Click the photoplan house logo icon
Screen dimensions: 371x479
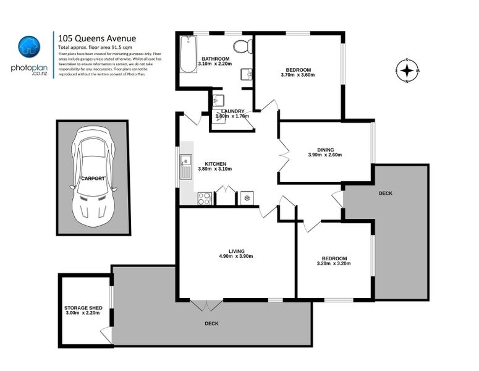28,45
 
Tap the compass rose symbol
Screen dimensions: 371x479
406,71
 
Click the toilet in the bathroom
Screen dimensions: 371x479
242,46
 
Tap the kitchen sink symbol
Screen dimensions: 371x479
186,164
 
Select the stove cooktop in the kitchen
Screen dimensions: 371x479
204,198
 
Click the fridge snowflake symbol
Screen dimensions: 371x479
247,198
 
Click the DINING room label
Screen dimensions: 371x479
325,150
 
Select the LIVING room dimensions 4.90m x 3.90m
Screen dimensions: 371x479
236,256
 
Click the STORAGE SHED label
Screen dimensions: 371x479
83,307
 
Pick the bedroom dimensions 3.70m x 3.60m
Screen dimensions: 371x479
298,75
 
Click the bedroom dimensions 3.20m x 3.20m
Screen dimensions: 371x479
334,263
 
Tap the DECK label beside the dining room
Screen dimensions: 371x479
386,194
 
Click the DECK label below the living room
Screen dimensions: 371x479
212,323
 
